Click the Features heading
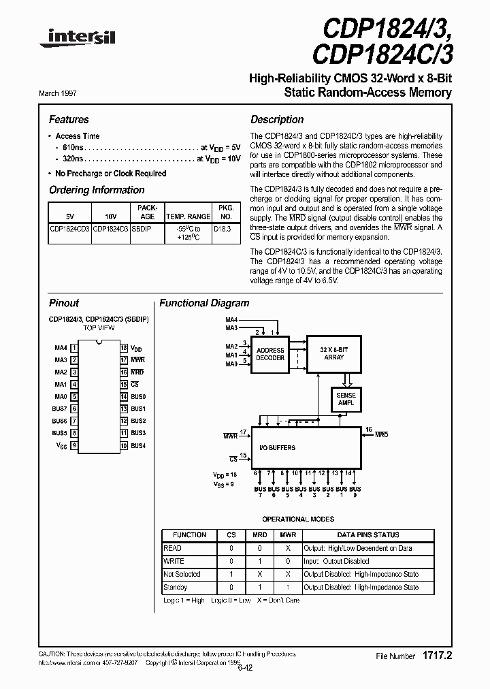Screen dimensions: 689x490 [69, 120]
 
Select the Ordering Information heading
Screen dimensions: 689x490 [97, 191]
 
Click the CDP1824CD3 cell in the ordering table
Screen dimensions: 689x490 [69, 229]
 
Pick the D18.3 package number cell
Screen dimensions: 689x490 [222, 229]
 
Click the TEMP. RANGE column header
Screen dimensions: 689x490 [188, 217]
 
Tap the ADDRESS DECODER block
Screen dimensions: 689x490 [270, 353]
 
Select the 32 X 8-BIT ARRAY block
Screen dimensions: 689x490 [334, 353]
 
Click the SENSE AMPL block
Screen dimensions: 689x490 [346, 399]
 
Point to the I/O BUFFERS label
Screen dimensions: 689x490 [278, 447]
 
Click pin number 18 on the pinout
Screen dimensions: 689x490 [124, 348]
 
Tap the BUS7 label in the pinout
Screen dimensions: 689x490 [60, 409]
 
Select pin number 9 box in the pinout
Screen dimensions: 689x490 [73, 446]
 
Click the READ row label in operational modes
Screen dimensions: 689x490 [173, 548]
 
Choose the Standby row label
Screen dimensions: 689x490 [176, 587]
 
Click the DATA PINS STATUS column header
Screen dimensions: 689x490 [368, 535]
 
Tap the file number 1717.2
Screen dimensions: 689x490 [438, 656]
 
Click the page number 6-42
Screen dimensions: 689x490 [246, 668]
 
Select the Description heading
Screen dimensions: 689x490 [277, 120]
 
